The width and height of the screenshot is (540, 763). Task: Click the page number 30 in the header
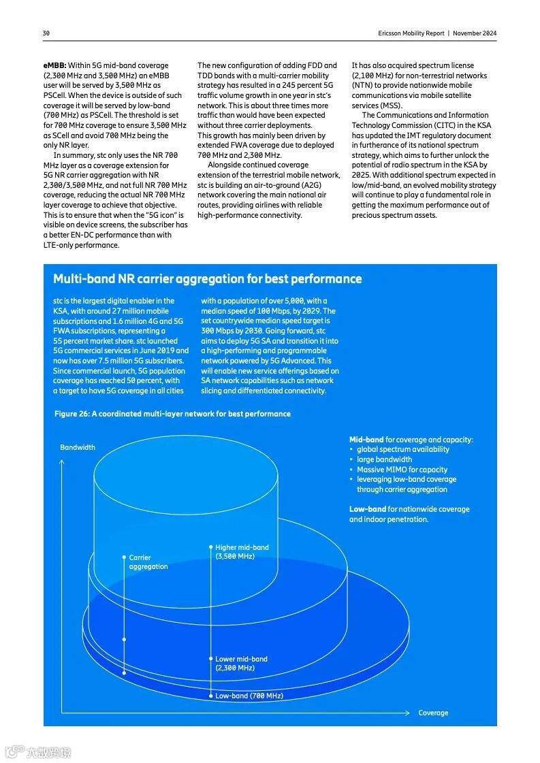tap(46, 33)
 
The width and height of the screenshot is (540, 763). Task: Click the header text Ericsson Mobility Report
tap(411, 33)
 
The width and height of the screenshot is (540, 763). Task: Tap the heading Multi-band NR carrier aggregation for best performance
tap(207, 279)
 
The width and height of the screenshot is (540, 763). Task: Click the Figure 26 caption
tap(172, 414)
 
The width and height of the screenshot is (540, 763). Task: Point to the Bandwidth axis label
tap(78, 447)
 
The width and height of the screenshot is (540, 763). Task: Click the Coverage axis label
tap(433, 713)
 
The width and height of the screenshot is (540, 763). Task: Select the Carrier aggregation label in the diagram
tap(148, 562)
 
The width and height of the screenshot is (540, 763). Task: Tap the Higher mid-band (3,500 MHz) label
tap(242, 552)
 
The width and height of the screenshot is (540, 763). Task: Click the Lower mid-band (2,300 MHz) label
tap(241, 664)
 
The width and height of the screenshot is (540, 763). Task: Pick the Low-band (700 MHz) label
tap(249, 696)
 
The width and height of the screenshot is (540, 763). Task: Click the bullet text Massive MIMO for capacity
tap(402, 470)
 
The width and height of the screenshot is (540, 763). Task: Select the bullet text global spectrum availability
tap(403, 449)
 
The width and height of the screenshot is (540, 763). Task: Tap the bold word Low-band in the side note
tap(368, 509)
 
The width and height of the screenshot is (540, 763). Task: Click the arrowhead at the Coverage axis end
tap(413, 713)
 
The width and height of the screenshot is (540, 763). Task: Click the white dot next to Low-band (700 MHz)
tap(210, 696)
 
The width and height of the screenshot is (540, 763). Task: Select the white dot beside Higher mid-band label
tap(210, 547)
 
